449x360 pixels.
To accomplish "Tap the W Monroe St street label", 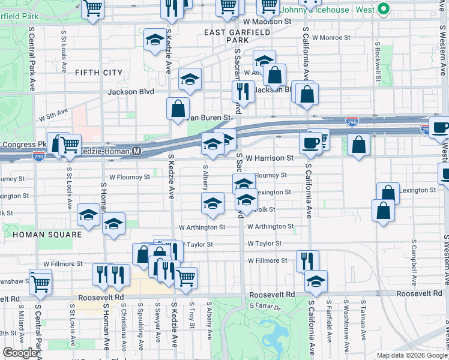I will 331,37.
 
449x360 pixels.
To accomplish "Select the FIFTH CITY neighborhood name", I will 99,73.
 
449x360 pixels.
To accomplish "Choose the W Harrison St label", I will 269,158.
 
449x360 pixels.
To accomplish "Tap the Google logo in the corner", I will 19,353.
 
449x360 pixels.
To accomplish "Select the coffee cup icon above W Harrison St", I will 310,143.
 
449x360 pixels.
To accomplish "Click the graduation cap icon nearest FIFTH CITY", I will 155,40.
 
